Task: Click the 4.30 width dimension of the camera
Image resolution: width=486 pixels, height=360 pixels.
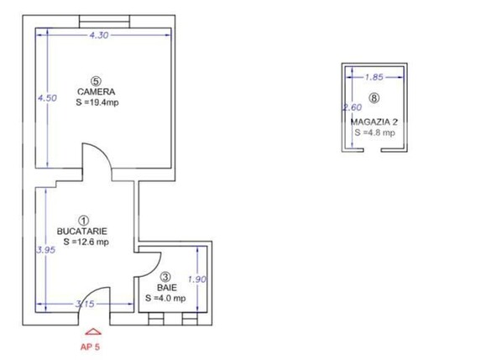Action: coord(99,35)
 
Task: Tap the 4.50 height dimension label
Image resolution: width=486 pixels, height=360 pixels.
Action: coord(47,98)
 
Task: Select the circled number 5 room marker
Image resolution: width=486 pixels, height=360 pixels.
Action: coord(96,81)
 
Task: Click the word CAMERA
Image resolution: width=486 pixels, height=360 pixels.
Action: coord(96,91)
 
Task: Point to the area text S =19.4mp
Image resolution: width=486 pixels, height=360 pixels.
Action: coord(97,102)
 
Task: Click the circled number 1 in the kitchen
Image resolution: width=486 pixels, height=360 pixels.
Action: coord(83,221)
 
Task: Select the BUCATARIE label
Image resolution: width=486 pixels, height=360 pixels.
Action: coord(82,232)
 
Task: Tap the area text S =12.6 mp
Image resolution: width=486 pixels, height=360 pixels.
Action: coord(86,242)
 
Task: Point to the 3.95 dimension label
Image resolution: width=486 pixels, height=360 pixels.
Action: coord(46,250)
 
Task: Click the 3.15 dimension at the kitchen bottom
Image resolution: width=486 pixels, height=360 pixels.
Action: coord(85,304)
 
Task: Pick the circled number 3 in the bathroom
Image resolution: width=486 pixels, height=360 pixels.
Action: coord(166,277)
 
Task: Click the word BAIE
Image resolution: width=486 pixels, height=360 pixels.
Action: coord(167,288)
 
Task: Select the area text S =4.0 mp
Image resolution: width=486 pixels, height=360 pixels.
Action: coord(165,298)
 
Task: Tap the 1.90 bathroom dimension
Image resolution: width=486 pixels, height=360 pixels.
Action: coord(197,279)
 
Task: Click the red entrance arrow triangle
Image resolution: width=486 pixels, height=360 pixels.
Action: coord(93,331)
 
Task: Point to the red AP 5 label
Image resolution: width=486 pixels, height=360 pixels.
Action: coord(90,347)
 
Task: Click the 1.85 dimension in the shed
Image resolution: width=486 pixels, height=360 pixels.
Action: coord(374,77)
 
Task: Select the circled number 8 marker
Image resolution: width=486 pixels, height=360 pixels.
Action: coord(374,98)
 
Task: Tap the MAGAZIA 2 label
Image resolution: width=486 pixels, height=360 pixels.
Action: coord(374,122)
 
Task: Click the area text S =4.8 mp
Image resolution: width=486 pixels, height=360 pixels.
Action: coord(374,133)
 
